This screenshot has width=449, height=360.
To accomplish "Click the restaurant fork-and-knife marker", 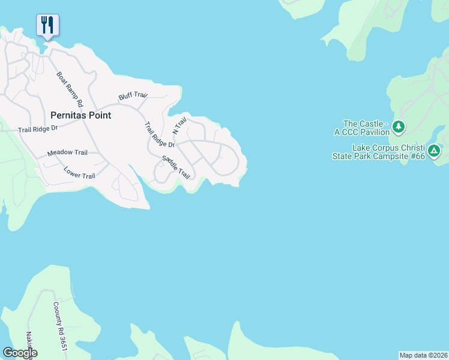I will click(x=47, y=25).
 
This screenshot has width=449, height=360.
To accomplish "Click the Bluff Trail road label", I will click(x=133, y=95).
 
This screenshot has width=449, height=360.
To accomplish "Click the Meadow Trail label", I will click(x=67, y=153).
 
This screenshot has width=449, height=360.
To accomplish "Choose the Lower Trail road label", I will click(x=79, y=172).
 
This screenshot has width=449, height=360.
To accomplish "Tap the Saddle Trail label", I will click(x=176, y=167).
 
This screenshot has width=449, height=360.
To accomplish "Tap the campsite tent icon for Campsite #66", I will click(x=435, y=151).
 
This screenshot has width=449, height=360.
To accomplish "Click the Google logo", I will click(x=20, y=353).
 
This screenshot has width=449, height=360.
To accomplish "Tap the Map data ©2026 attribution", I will click(x=423, y=355).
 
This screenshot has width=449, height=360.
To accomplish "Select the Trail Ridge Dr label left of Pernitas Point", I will click(x=38, y=128).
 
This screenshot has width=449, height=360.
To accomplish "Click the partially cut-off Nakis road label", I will click(x=28, y=343).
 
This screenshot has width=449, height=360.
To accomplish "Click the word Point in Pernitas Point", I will click(x=100, y=115).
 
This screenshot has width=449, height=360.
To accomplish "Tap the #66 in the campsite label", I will click(x=418, y=156).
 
